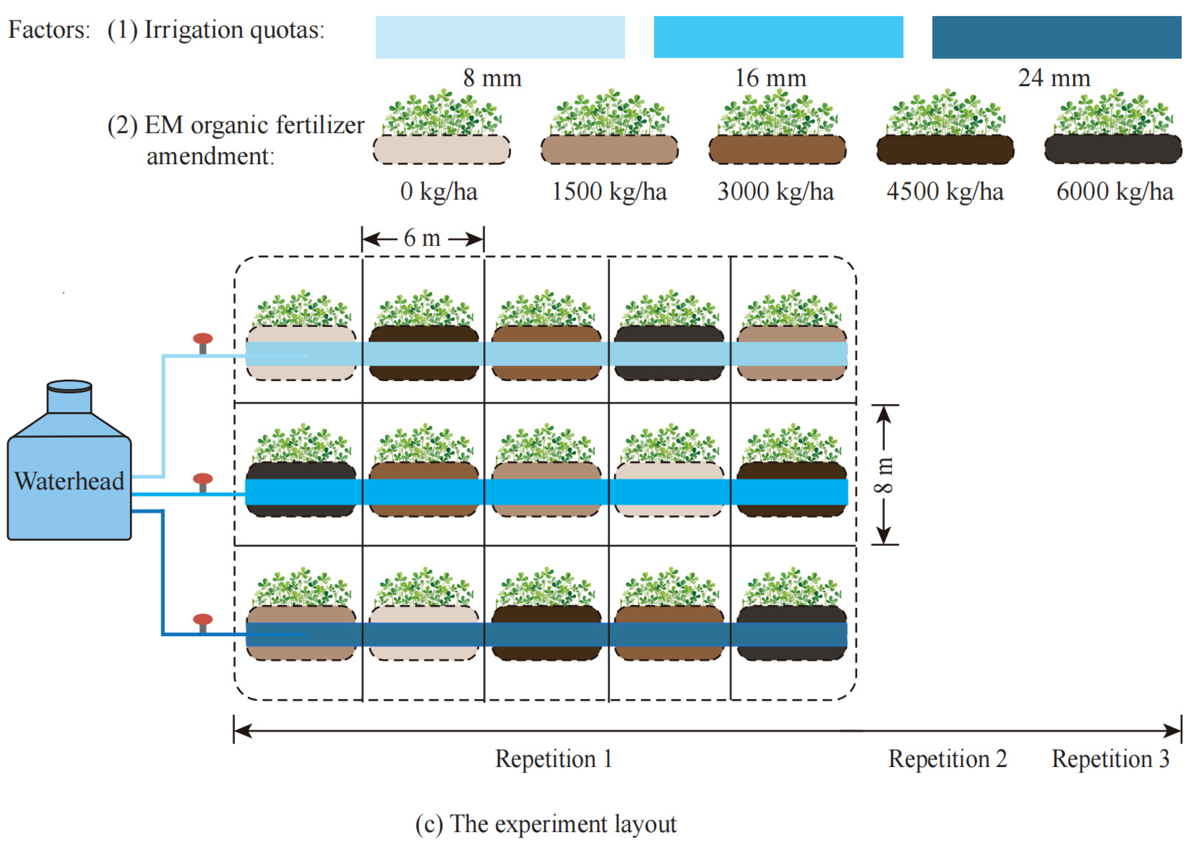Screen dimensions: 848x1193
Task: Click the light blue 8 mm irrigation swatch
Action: click(x=500, y=37)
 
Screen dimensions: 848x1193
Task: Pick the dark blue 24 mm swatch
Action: click(x=1056, y=37)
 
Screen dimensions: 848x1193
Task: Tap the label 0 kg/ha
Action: click(x=438, y=191)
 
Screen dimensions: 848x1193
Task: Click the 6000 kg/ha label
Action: click(x=1114, y=191)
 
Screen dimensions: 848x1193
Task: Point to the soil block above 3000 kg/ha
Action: click(x=777, y=150)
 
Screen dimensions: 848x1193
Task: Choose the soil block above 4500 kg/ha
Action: click(x=945, y=150)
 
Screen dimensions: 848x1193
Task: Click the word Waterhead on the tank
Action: click(x=69, y=481)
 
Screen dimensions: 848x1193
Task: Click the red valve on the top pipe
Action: click(x=203, y=339)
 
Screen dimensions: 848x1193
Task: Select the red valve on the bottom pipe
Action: click(x=203, y=620)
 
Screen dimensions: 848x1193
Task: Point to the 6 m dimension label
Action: click(x=422, y=239)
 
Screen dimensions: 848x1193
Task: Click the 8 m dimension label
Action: click(x=884, y=475)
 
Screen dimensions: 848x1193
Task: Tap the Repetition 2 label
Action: click(x=947, y=759)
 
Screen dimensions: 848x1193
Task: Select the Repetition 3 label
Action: click(x=1110, y=759)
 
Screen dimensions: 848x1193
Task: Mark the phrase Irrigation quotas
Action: click(x=234, y=30)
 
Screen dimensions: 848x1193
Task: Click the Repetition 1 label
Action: click(x=553, y=759)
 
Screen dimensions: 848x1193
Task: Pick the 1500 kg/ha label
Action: click(x=609, y=191)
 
